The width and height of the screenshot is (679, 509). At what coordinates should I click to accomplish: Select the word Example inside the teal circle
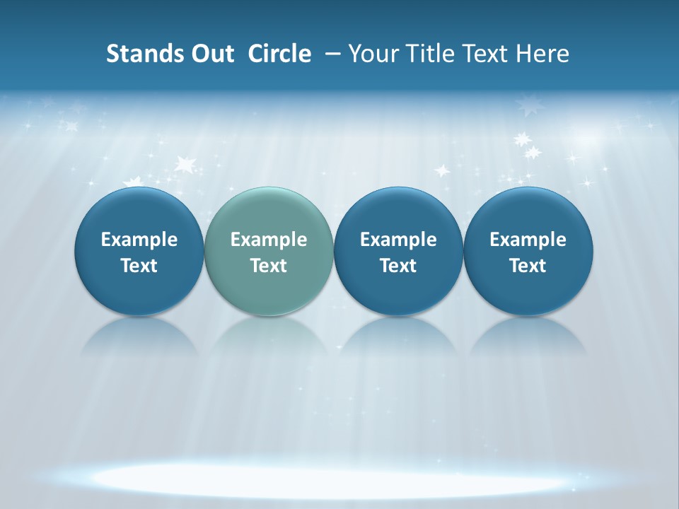[x=269, y=240]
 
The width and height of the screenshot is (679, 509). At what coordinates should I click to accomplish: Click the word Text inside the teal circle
[x=269, y=266]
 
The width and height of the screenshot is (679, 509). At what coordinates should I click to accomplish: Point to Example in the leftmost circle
[x=139, y=240]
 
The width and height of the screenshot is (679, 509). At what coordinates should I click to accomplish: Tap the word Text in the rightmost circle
[x=528, y=266]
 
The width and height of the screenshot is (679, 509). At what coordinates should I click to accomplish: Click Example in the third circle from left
[x=398, y=240]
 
